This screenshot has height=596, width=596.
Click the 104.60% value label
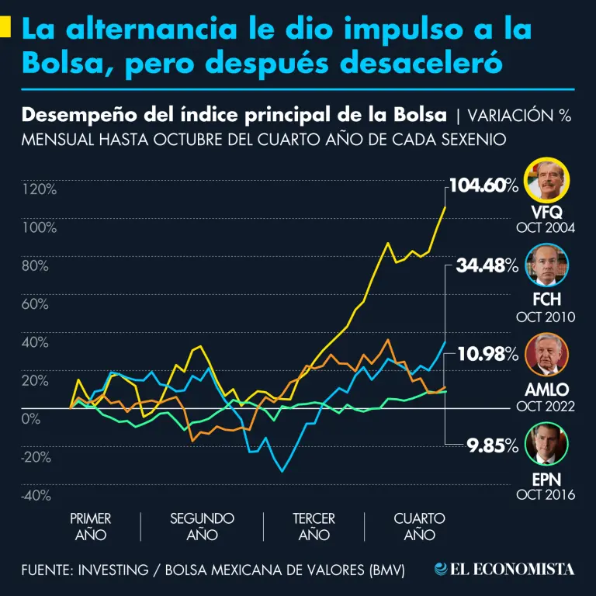click(483, 186)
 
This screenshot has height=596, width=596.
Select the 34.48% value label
click(487, 266)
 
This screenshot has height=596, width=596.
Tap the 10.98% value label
click(487, 355)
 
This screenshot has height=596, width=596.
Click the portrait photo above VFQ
click(547, 181)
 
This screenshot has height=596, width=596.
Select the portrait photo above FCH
click(547, 268)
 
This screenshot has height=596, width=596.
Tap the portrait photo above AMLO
click(547, 356)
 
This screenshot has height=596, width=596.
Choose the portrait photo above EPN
click(547, 445)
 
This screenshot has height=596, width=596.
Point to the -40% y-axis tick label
click(37, 495)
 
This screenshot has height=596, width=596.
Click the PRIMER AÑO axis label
click(90, 526)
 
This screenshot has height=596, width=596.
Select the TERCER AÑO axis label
click(314, 526)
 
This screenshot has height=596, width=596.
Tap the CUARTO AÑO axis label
click(419, 526)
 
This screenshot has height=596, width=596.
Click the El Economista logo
click(504, 570)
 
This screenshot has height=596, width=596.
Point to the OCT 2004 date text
click(546, 228)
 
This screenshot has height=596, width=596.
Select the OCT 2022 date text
click(546, 406)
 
